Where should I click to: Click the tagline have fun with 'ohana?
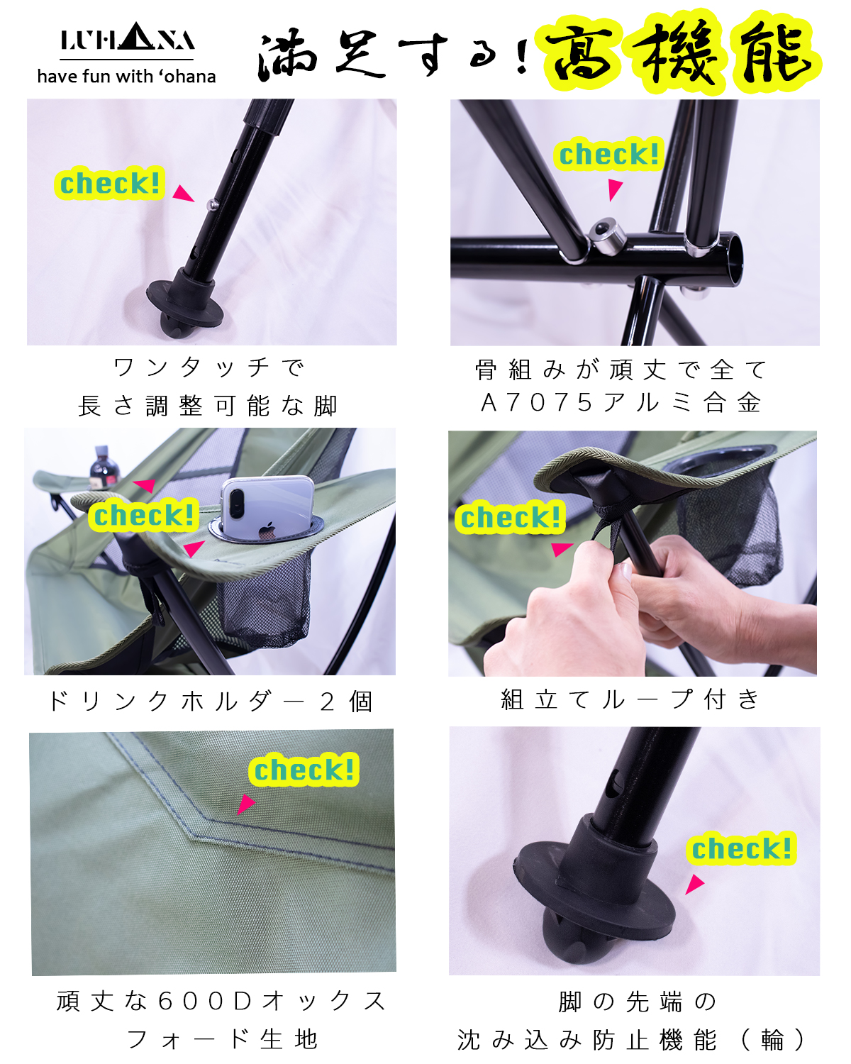(127, 77)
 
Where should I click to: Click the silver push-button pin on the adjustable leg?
(213, 203)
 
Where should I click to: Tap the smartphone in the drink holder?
(267, 507)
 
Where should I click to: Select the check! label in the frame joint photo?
(608, 154)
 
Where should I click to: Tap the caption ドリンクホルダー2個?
(210, 701)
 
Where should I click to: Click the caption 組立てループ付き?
(630, 699)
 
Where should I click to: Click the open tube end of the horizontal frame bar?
(734, 260)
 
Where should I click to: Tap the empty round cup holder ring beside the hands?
(720, 459)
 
